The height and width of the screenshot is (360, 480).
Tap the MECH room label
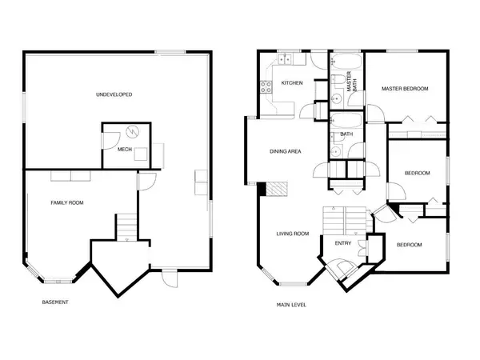click(x=125, y=149)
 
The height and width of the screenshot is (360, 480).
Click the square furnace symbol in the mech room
click(x=141, y=154)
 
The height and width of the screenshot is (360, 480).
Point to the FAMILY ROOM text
click(x=67, y=203)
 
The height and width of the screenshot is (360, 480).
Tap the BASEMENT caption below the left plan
click(x=55, y=302)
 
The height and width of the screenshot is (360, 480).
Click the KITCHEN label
click(x=291, y=83)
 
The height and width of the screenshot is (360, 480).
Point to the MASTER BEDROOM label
click(x=405, y=89)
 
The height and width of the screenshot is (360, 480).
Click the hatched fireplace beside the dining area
click(x=276, y=190)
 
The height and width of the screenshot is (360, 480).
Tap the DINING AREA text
click(x=284, y=151)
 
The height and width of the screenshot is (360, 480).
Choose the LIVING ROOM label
click(x=293, y=234)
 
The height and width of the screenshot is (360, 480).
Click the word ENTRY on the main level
click(x=342, y=244)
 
